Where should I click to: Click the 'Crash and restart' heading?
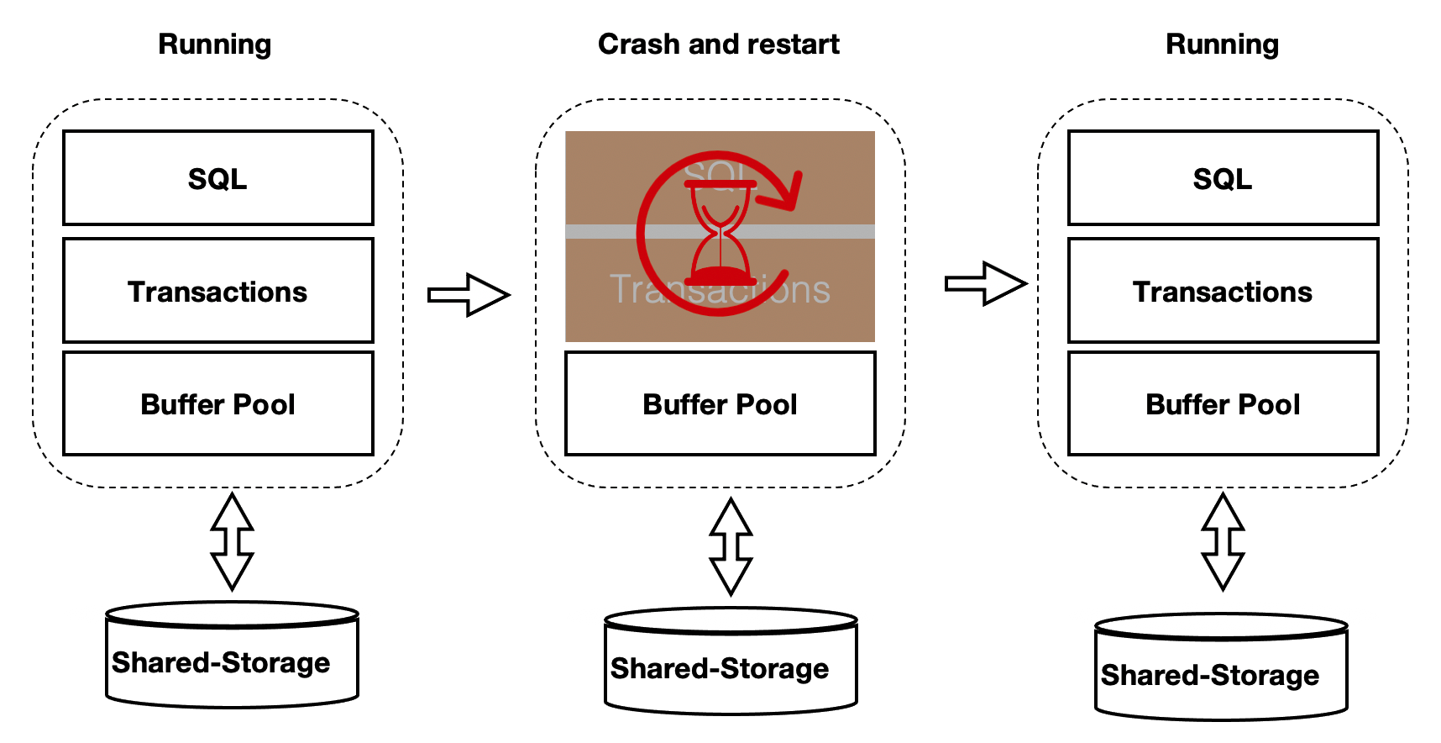(718, 44)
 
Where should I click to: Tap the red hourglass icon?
(720, 234)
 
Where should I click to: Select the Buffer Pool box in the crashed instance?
(720, 403)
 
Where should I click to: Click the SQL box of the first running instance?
(217, 178)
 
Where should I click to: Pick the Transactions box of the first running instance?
(217, 291)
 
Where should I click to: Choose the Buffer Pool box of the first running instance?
(217, 403)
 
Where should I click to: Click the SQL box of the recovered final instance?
(1223, 178)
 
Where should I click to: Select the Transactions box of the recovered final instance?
(1223, 291)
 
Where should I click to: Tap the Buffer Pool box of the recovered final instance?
(1223, 403)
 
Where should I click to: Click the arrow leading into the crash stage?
(469, 294)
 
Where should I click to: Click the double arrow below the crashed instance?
(731, 546)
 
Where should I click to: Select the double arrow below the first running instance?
(233, 542)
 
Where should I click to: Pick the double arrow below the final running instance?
(1223, 542)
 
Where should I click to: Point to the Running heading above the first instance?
(214, 44)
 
